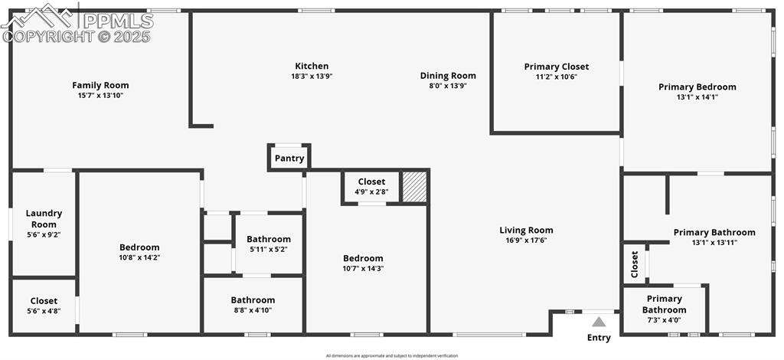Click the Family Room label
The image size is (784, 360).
100,85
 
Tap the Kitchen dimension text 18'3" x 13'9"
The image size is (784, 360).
312,77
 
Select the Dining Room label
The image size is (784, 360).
448,75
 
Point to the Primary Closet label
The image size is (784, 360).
557,67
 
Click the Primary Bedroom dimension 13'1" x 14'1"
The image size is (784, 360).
697,97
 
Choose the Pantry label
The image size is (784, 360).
289,159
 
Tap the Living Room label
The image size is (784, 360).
526,230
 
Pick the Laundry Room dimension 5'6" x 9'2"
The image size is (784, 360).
44,235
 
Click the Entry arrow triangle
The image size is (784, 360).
599,322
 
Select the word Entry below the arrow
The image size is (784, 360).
599,338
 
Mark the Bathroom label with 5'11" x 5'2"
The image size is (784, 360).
269,239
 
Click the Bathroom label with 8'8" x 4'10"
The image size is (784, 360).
253,299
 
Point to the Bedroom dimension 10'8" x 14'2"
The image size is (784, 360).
139,257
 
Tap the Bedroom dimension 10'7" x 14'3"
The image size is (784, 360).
363,269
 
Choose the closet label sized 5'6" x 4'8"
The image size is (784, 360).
44,300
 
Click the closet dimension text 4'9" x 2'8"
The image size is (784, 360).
371,192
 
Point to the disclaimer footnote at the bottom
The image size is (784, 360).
391,355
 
